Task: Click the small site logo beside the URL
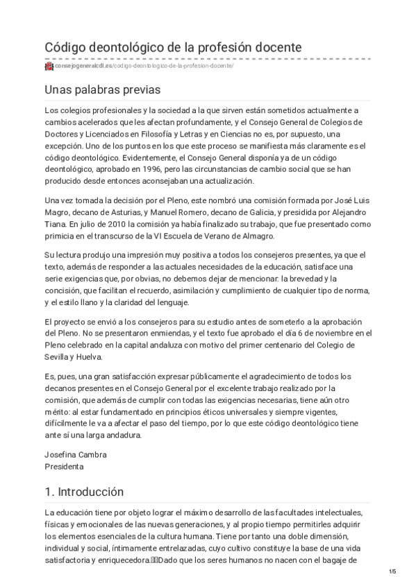49,67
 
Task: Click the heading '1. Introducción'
83,491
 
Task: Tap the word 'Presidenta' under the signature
65,467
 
